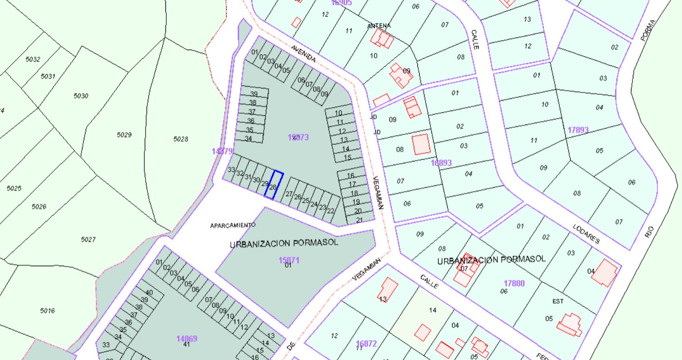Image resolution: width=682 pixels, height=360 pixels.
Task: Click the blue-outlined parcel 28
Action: click(x=274, y=185)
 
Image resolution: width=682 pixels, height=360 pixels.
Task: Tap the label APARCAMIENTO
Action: click(x=233, y=225)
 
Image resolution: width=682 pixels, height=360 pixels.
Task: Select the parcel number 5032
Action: click(x=33, y=59)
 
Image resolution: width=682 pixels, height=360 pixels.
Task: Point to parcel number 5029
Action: click(x=124, y=135)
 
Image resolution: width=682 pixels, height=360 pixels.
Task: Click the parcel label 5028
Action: click(x=181, y=139)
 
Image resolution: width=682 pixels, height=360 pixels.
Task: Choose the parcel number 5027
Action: click(x=88, y=239)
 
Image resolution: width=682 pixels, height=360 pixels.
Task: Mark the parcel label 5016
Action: click(x=47, y=310)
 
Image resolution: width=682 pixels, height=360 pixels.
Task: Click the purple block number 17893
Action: click(x=578, y=130)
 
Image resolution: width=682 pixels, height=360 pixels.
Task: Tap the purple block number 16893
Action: click(x=441, y=163)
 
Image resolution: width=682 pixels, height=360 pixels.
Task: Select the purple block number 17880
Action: click(x=514, y=283)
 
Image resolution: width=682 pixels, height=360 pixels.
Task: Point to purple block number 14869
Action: click(x=187, y=339)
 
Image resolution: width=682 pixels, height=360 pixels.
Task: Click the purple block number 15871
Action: click(x=289, y=260)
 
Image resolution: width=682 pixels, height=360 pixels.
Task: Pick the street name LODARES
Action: click(x=586, y=234)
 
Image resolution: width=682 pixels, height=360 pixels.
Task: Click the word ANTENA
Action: click(x=379, y=26)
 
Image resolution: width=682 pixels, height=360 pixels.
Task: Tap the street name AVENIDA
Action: click(x=303, y=54)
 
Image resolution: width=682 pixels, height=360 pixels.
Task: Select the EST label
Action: click(x=558, y=301)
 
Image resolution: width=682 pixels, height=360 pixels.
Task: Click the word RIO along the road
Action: click(x=649, y=232)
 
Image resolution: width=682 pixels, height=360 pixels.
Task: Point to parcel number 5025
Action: click(x=14, y=188)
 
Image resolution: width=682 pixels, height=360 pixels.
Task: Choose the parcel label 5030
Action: click(x=81, y=96)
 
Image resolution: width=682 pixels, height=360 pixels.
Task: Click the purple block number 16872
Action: click(x=366, y=344)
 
